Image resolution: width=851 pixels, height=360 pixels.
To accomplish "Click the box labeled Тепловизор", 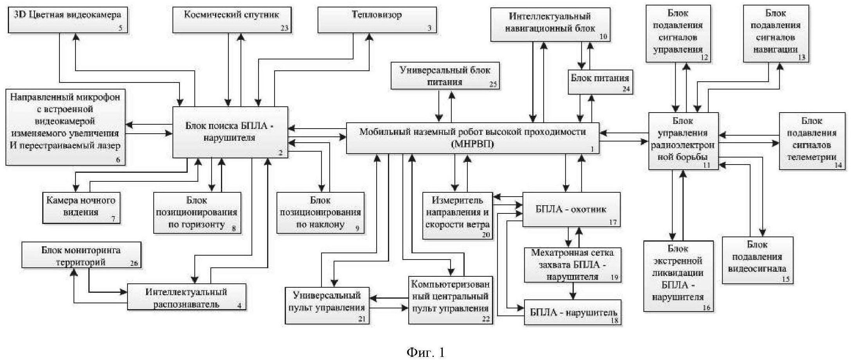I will (x=377, y=20).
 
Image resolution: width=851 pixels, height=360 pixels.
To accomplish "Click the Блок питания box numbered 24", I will (x=600, y=82).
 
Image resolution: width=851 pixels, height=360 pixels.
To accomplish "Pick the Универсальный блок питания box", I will (x=445, y=76).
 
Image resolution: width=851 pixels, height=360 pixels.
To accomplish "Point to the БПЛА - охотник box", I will (x=571, y=210).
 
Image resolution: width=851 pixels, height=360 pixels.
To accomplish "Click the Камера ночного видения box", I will (x=81, y=207).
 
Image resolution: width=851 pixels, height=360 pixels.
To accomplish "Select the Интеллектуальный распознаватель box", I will (x=187, y=297).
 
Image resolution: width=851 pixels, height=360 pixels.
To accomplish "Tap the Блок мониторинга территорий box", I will (x=81, y=255).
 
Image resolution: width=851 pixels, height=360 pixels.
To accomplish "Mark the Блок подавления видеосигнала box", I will (x=757, y=260).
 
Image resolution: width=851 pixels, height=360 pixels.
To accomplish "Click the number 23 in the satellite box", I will (x=284, y=28).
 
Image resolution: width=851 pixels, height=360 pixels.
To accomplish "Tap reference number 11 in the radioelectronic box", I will (x=707, y=165).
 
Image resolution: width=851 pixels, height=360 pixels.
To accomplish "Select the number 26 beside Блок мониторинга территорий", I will (x=134, y=263).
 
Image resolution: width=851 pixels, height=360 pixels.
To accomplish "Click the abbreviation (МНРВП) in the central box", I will (x=472, y=144).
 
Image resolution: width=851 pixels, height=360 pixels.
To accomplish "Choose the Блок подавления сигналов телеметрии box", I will (x=812, y=141).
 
